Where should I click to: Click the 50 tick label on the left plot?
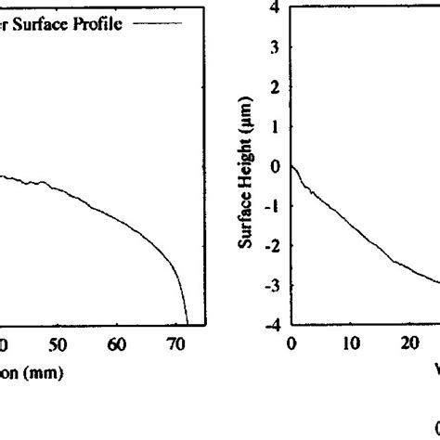[58, 345]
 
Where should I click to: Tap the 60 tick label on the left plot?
[116, 345]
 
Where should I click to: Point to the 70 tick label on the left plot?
[175, 345]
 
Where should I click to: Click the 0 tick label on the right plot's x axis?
[291, 343]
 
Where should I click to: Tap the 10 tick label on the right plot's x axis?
[350, 343]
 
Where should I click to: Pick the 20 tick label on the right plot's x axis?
[409, 343]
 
